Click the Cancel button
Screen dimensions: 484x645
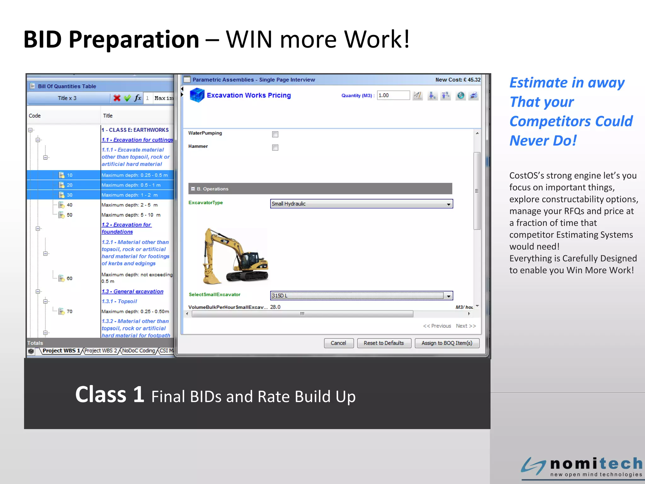339,343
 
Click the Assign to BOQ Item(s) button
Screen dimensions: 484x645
447,343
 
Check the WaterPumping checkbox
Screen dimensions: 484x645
275,134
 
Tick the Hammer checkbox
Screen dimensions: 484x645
275,147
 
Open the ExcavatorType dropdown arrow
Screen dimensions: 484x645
448,204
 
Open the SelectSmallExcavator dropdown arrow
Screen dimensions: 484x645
448,296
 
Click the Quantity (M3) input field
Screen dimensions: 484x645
393,95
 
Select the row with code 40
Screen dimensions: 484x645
70,205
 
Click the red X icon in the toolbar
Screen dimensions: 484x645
117,98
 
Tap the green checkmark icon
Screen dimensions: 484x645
127,98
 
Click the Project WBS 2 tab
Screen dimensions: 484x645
100,351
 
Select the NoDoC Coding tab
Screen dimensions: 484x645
139,351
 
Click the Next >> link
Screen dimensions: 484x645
466,326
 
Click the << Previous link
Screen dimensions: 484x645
437,326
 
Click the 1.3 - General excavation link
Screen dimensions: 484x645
133,291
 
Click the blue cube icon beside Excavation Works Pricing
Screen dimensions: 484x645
197,95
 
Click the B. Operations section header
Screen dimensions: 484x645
320,189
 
